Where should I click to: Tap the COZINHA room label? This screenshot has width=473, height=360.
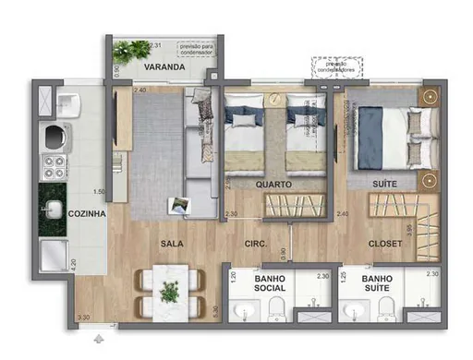click(88, 213)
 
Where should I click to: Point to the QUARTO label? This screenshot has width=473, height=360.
click(274, 185)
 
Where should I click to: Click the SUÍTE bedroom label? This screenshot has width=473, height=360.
click(385, 185)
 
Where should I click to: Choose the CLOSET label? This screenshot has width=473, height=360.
click(384, 244)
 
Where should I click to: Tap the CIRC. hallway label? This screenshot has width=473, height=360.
click(256, 244)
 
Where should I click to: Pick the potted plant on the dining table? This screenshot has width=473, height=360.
click(169, 292)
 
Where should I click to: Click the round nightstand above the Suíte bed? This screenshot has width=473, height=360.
click(429, 97)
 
